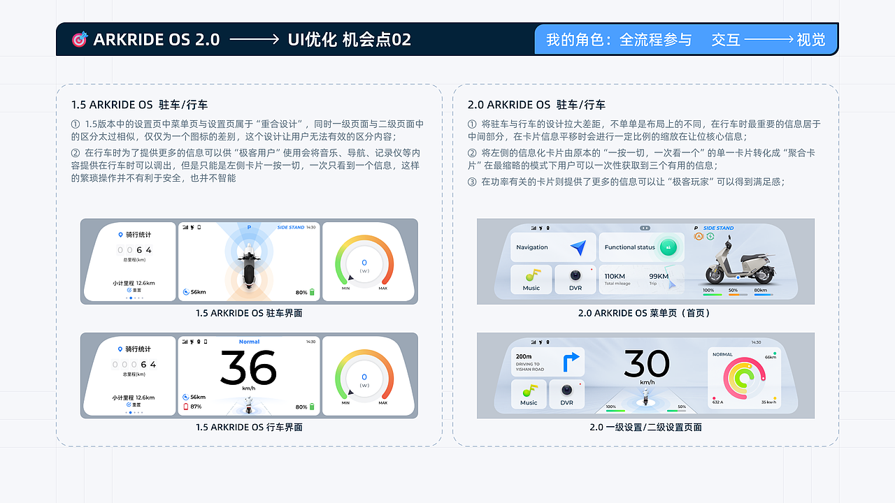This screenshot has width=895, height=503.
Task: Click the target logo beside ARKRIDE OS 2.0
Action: point(80,40)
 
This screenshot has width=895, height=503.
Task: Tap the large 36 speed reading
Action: point(248,367)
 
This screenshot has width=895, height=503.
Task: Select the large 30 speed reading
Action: point(646,364)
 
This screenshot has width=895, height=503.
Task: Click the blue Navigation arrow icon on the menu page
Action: point(578,247)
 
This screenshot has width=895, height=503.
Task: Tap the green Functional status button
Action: point(668,247)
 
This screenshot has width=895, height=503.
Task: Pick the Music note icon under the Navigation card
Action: point(531,275)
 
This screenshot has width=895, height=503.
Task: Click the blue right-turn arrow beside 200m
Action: point(571,361)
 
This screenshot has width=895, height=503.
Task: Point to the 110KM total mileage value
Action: point(615,276)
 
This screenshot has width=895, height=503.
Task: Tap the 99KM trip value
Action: point(659,276)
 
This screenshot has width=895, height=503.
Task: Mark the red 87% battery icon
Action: point(185,407)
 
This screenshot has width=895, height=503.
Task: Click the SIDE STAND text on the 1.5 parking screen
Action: point(291,227)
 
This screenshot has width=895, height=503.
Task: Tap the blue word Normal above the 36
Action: point(249,342)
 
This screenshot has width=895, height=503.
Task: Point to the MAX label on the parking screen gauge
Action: point(383,288)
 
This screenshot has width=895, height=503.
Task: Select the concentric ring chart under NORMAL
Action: point(743,377)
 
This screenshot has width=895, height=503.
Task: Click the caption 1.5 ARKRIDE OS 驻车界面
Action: point(249,313)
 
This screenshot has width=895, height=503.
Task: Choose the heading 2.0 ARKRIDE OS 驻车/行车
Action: point(536,105)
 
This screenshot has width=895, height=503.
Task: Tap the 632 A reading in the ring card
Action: point(717,402)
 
